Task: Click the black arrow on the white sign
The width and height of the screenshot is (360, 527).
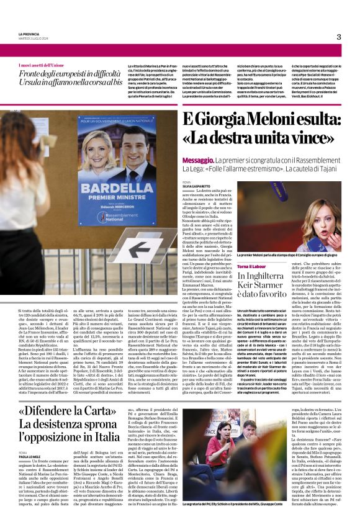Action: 137,249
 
